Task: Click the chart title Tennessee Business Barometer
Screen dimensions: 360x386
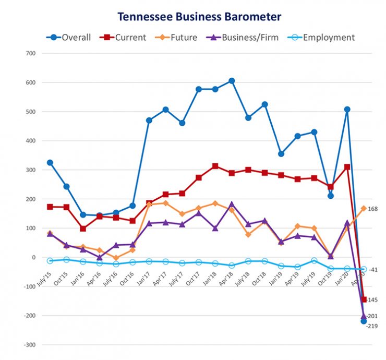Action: click(199, 17)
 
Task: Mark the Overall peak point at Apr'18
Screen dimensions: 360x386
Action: click(232, 81)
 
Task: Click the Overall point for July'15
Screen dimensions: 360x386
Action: click(50, 162)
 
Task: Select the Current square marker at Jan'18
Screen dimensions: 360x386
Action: click(215, 166)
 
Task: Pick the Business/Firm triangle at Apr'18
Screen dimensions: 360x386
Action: click(232, 205)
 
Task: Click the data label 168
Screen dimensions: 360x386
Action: click(373, 209)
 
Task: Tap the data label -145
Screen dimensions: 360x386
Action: click(372, 300)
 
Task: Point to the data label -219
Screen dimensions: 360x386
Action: click(372, 326)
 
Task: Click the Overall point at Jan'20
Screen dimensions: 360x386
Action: click(347, 110)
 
